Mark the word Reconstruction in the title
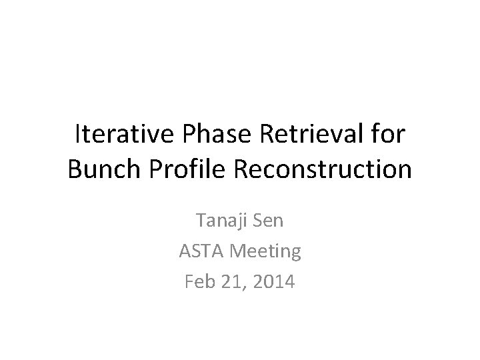pos(323,169)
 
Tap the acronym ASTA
pos(201,251)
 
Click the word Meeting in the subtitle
pos(265,252)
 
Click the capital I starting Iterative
pos(78,135)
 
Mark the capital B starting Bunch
pos(74,169)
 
